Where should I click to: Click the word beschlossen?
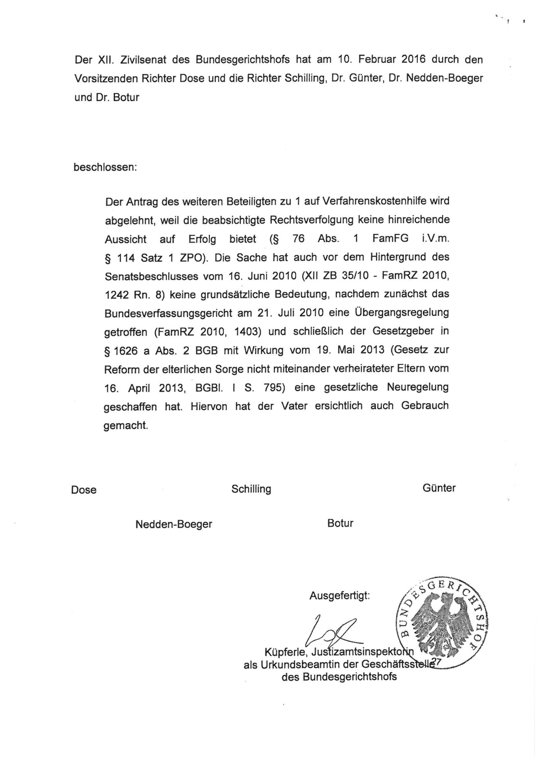(x=105, y=167)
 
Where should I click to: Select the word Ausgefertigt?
(x=340, y=595)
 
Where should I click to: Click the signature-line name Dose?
(x=84, y=490)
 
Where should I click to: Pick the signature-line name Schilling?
(x=251, y=489)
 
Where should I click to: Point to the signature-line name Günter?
(x=439, y=488)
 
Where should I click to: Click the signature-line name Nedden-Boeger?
(x=174, y=524)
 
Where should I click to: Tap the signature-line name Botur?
(x=340, y=523)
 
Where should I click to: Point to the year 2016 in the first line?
(x=414, y=59)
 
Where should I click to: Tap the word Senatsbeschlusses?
(x=150, y=276)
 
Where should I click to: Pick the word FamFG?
(x=390, y=239)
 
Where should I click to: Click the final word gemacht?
(x=126, y=425)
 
